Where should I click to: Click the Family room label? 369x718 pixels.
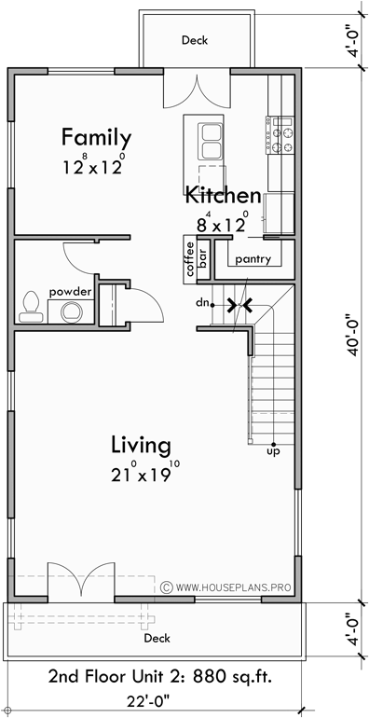point(96,137)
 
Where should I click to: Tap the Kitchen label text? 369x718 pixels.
point(222,196)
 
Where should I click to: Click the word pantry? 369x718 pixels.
point(253,258)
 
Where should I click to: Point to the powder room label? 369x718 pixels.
point(71,292)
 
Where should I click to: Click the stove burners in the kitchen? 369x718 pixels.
point(280,134)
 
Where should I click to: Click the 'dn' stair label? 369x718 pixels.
point(201,303)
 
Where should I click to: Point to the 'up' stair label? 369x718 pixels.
point(272,450)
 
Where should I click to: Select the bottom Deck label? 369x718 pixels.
point(157,639)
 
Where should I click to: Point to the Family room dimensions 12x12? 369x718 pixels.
point(94,167)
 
